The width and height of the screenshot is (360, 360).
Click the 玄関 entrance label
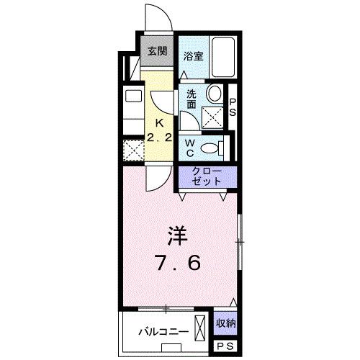pyautogui.click(x=158, y=51)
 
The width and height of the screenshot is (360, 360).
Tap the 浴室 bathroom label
pyautogui.click(x=192, y=55)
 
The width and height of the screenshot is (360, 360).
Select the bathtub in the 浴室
pyautogui.click(x=229, y=57)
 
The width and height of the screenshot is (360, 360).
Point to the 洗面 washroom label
pyautogui.click(x=192, y=99)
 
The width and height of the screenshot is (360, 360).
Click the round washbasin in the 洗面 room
pyautogui.click(x=214, y=94)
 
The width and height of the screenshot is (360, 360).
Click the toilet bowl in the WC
pyautogui.click(x=211, y=148)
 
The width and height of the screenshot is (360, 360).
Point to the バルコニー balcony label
pyautogui.click(x=165, y=333)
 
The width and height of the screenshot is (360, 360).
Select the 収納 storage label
pyautogui.click(x=226, y=323)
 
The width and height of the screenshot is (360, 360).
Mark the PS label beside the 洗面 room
pyautogui.click(x=233, y=108)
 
